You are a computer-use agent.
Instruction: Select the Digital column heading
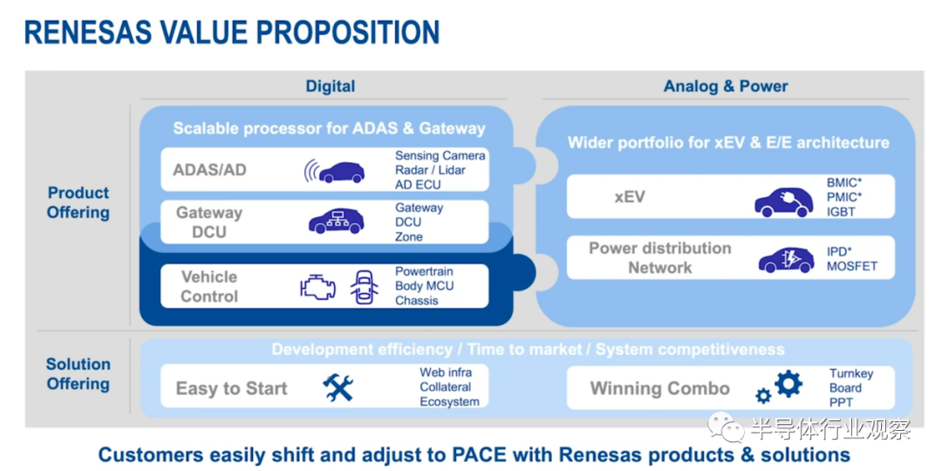[331, 85]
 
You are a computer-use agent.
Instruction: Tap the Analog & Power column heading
[725, 85]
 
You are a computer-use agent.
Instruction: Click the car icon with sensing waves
[334, 171]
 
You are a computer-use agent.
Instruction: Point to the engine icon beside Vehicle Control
[317, 287]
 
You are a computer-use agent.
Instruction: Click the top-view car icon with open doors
[364, 287]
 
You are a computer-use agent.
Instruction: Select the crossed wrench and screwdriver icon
[338, 387]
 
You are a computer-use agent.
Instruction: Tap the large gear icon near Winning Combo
[788, 384]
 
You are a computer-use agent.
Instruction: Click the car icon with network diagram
[337, 221]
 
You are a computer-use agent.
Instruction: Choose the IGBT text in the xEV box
[841, 211]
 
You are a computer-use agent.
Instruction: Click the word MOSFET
[852, 265]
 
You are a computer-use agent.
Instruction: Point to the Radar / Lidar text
[430, 170]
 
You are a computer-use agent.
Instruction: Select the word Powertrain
[424, 272]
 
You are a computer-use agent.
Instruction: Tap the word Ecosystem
[449, 402]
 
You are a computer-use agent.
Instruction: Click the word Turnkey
[851, 373]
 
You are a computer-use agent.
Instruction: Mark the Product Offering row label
[78, 202]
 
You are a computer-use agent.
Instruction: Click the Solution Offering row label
[78, 373]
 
